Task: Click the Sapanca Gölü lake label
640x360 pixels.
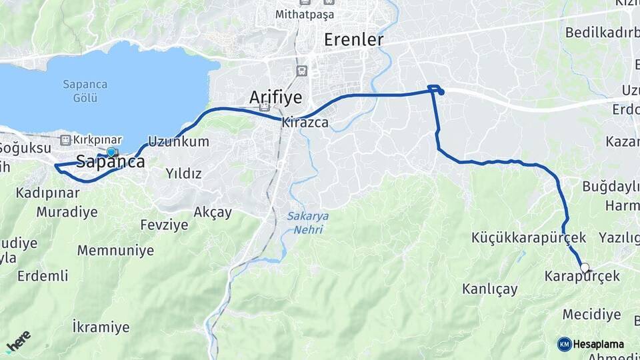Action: pyautogui.click(x=81, y=91)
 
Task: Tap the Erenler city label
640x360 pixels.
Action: pyautogui.click(x=353, y=40)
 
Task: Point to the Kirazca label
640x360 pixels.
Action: pyautogui.click(x=305, y=123)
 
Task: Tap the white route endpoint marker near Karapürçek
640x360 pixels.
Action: pyautogui.click(x=585, y=268)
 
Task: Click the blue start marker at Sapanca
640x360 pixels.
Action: pyautogui.click(x=111, y=152)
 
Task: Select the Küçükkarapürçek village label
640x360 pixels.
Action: pyautogui.click(x=528, y=237)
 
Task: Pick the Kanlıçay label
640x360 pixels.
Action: pyautogui.click(x=489, y=289)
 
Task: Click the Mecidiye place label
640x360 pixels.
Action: pyautogui.click(x=591, y=314)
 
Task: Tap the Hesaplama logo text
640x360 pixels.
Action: pyautogui.click(x=599, y=345)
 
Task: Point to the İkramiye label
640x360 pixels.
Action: pyautogui.click(x=101, y=327)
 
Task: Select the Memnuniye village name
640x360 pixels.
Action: pyautogui.click(x=115, y=251)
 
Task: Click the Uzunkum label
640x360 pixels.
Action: pyautogui.click(x=178, y=141)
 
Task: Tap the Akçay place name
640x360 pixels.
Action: pyautogui.click(x=212, y=213)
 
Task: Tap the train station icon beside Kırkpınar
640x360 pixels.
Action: pyautogui.click(x=65, y=140)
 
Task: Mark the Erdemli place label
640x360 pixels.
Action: pyautogui.click(x=43, y=275)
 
